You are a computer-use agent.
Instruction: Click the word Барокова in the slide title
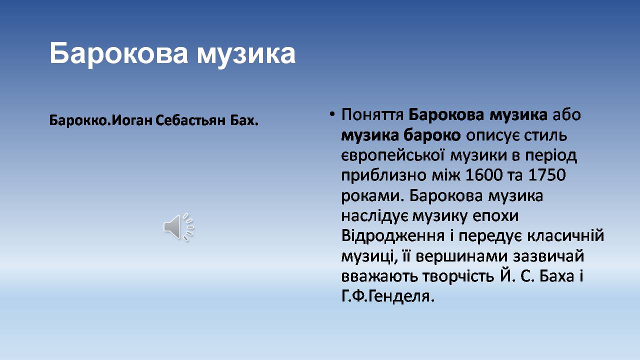pos(118,53)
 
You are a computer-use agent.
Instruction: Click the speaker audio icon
pos(179,227)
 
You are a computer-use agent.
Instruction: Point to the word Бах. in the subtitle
pos(244,120)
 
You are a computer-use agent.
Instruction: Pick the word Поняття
pos(372,115)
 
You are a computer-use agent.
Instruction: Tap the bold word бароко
pos(432,135)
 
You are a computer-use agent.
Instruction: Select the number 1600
pos(483,175)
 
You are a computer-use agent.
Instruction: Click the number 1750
pos(547,175)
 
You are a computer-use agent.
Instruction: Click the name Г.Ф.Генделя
pos(388,296)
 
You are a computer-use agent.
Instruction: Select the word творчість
pos(458,276)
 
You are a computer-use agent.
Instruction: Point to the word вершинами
pos(461,256)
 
